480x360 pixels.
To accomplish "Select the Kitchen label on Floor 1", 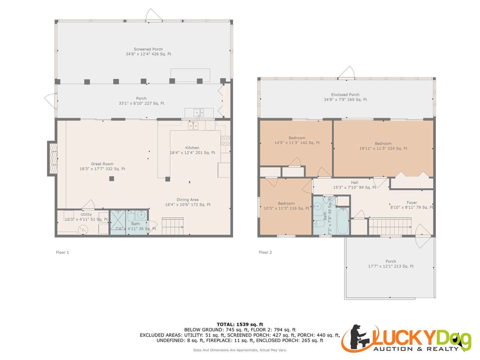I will (192, 148).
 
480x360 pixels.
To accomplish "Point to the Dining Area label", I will (187, 200).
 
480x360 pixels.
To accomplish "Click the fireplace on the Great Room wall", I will (53, 159).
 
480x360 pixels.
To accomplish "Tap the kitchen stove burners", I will (226, 141).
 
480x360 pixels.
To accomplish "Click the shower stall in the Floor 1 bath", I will (118, 222).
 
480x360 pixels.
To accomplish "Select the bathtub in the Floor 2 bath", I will (343, 220).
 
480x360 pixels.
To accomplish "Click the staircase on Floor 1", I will (173, 226).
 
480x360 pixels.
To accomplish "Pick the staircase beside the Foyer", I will (390, 226).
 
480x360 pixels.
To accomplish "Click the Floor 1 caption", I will (62, 252).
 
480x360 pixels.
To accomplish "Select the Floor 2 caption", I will (265, 252).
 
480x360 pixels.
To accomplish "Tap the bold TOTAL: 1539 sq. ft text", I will (240, 324).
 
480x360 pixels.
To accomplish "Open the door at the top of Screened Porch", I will (154, 16).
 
